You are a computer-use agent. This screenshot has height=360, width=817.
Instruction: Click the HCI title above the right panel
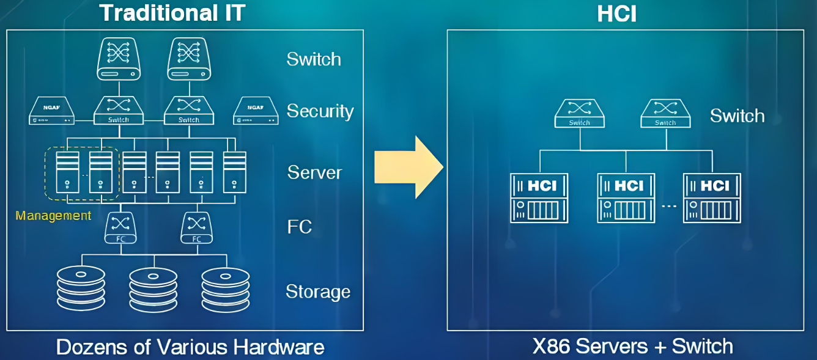click(616, 13)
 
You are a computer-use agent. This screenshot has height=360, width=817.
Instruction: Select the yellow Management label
click(53, 216)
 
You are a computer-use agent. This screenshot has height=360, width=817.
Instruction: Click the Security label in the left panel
click(320, 111)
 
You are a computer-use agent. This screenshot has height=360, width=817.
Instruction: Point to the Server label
click(314, 172)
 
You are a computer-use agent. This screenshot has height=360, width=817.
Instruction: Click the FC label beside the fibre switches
click(300, 227)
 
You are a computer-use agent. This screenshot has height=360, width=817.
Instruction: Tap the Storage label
click(318, 292)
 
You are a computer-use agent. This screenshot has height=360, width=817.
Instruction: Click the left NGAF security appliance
click(52, 111)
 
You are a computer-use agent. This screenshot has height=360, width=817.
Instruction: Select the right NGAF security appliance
click(256, 111)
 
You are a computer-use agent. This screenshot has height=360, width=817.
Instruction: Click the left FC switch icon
click(120, 227)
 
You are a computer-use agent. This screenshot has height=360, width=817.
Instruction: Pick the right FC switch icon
click(196, 227)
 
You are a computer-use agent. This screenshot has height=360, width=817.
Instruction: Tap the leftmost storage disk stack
click(81, 288)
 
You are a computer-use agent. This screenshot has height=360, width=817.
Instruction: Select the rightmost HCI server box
click(712, 198)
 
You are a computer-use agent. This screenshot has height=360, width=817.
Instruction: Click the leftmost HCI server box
click(539, 198)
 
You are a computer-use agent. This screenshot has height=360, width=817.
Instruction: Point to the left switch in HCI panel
click(579, 114)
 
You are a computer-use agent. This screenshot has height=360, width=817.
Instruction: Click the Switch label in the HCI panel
click(737, 116)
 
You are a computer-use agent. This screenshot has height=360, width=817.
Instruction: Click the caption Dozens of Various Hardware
click(190, 347)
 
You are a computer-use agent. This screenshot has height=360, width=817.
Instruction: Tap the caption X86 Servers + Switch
click(632, 347)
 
